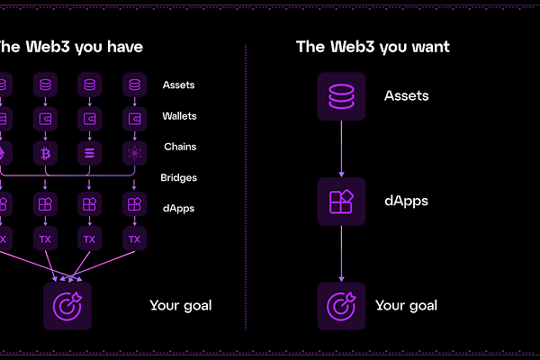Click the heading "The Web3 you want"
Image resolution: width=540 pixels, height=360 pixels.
pyautogui.click(x=373, y=47)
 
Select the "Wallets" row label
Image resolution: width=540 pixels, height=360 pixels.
pyautogui.click(x=179, y=116)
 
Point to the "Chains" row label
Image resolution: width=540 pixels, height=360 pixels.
pyautogui.click(x=180, y=147)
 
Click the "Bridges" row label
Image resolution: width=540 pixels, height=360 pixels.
pyautogui.click(x=179, y=177)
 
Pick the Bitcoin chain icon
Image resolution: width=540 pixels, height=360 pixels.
pyautogui.click(x=45, y=149)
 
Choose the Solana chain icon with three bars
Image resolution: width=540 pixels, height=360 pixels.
pyautogui.click(x=89, y=149)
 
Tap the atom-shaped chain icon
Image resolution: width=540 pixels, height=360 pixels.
pyautogui.click(x=134, y=149)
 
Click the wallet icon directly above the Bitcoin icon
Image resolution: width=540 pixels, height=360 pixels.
pyautogui.click(x=45, y=118)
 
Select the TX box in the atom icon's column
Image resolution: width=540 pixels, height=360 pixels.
pyautogui.click(x=134, y=239)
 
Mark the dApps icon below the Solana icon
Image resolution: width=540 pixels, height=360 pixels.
pyautogui.click(x=89, y=205)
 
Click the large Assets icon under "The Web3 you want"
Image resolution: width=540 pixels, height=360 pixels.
pyautogui.click(x=341, y=96)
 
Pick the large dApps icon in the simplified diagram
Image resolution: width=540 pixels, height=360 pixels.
pyautogui.click(x=341, y=201)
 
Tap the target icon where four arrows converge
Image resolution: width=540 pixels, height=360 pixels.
pyautogui.click(x=67, y=305)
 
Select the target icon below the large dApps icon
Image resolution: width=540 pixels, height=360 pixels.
pyautogui.click(x=341, y=305)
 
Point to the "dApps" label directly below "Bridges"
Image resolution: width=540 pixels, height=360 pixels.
pyautogui.click(x=178, y=208)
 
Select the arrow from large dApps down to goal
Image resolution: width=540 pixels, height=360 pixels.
pyautogui.click(x=341, y=253)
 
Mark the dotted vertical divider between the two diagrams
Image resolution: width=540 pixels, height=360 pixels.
pyautogui.click(x=246, y=180)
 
